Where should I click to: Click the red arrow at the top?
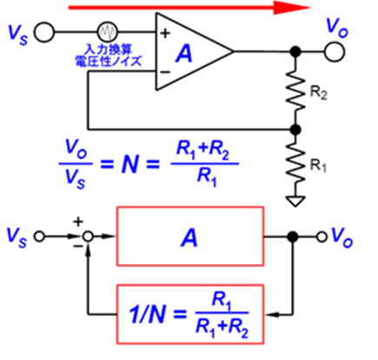point(189,8)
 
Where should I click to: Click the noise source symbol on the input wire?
point(108,31)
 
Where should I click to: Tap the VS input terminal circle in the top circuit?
point(44,32)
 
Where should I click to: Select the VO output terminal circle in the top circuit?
point(335,51)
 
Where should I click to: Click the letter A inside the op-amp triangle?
point(184,54)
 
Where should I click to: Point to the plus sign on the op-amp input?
point(165,33)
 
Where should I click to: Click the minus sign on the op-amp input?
point(165,72)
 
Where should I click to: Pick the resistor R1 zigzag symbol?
point(295,165)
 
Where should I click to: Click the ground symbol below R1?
point(295,202)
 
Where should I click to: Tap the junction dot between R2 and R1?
point(295,130)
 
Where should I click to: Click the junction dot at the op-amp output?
point(295,51)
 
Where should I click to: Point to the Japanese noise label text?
point(108,55)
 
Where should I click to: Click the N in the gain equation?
point(129,164)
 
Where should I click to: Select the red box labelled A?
point(190,236)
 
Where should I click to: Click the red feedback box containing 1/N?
point(190,315)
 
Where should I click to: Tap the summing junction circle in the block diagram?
point(88,237)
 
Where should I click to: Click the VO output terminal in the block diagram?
point(322,237)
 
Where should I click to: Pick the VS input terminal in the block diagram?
point(39,237)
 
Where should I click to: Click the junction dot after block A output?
point(293,237)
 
